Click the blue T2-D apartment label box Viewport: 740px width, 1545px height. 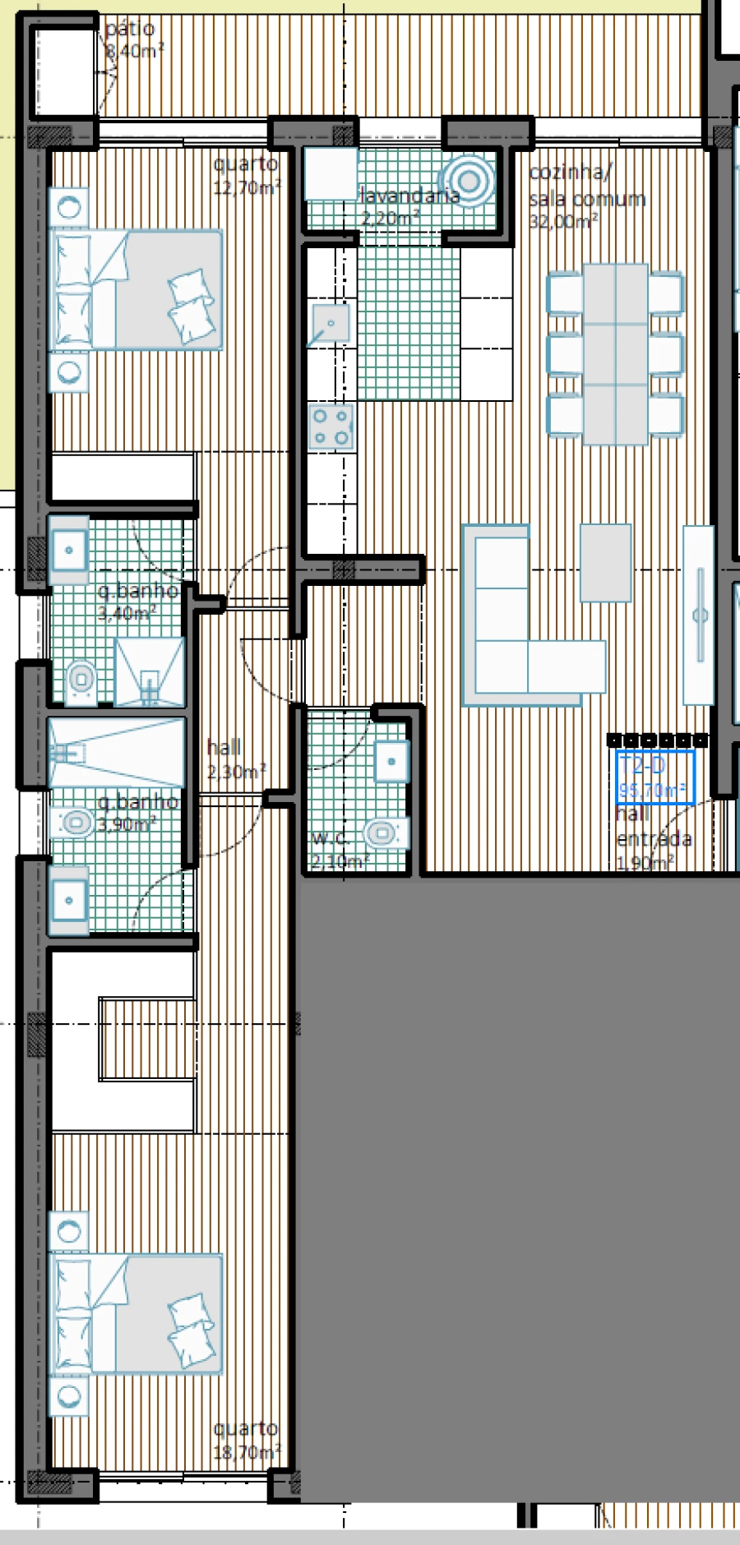point(655,777)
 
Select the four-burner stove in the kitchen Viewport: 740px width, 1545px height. point(331,427)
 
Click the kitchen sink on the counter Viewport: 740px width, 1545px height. point(329,323)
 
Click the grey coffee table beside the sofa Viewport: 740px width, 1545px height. point(605,563)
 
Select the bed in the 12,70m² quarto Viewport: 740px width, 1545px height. point(136,289)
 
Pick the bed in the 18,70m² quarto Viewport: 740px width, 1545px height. point(136,1313)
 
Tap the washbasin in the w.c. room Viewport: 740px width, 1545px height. point(391,761)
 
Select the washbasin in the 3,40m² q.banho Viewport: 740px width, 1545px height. point(69,549)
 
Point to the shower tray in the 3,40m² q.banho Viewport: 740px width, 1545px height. point(149,671)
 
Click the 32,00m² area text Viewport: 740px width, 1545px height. point(563,221)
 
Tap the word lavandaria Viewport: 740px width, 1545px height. point(409,196)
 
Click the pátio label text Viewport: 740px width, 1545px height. point(130,29)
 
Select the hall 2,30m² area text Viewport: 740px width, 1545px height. point(236,772)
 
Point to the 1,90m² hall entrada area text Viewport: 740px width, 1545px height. point(645,862)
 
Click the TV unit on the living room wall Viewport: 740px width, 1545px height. point(699,614)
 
